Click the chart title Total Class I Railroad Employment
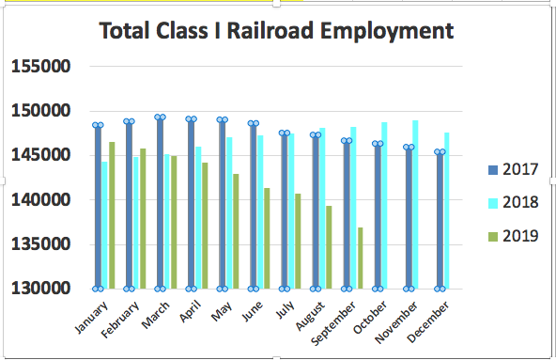[x=277, y=31]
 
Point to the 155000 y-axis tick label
[x=41, y=67]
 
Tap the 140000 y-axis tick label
[x=41, y=200]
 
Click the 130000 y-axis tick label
[x=41, y=289]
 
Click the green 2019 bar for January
[x=112, y=215]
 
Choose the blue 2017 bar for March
[x=160, y=203]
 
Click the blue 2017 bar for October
[x=377, y=216]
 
